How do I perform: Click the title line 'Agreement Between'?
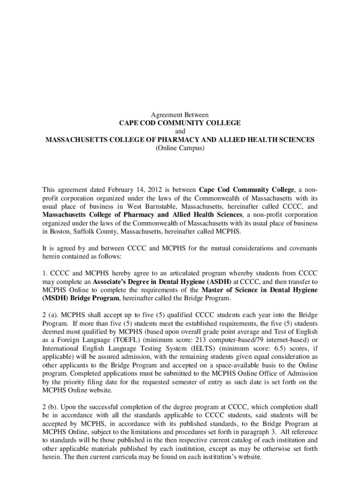(x=180, y=115)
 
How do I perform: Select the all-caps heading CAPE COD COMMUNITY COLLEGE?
(x=180, y=123)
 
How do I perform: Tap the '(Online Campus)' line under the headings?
(x=180, y=148)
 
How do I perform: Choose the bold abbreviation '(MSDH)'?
(x=56, y=298)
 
